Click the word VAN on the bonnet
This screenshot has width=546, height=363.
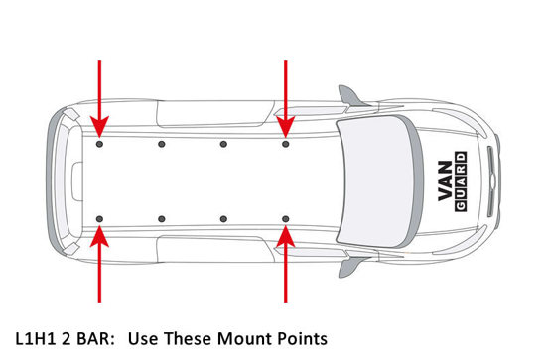[x=446, y=181]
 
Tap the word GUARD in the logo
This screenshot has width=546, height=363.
[x=461, y=181]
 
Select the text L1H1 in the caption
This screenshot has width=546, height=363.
[x=35, y=339]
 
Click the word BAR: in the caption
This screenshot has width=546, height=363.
[x=95, y=339]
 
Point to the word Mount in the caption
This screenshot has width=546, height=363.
[x=245, y=339]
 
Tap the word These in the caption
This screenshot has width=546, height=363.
[x=188, y=339]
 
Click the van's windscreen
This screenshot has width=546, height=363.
[x=379, y=181]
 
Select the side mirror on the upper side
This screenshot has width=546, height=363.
[x=351, y=96]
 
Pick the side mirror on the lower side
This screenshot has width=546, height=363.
[x=351, y=267]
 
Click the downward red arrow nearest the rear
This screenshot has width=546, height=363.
[x=99, y=99]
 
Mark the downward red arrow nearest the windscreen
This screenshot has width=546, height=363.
[x=286, y=99]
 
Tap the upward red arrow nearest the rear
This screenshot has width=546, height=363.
[x=99, y=264]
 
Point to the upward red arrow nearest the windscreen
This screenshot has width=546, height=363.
[x=286, y=264]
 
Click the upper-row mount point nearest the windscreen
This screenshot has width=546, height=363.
[x=286, y=144]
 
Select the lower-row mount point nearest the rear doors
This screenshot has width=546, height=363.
[x=99, y=219]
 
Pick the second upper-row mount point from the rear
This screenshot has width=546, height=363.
[x=161, y=144]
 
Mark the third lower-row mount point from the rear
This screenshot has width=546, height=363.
[x=223, y=219]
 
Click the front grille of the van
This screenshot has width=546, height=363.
[x=491, y=181]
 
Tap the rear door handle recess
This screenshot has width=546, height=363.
[x=77, y=181]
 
